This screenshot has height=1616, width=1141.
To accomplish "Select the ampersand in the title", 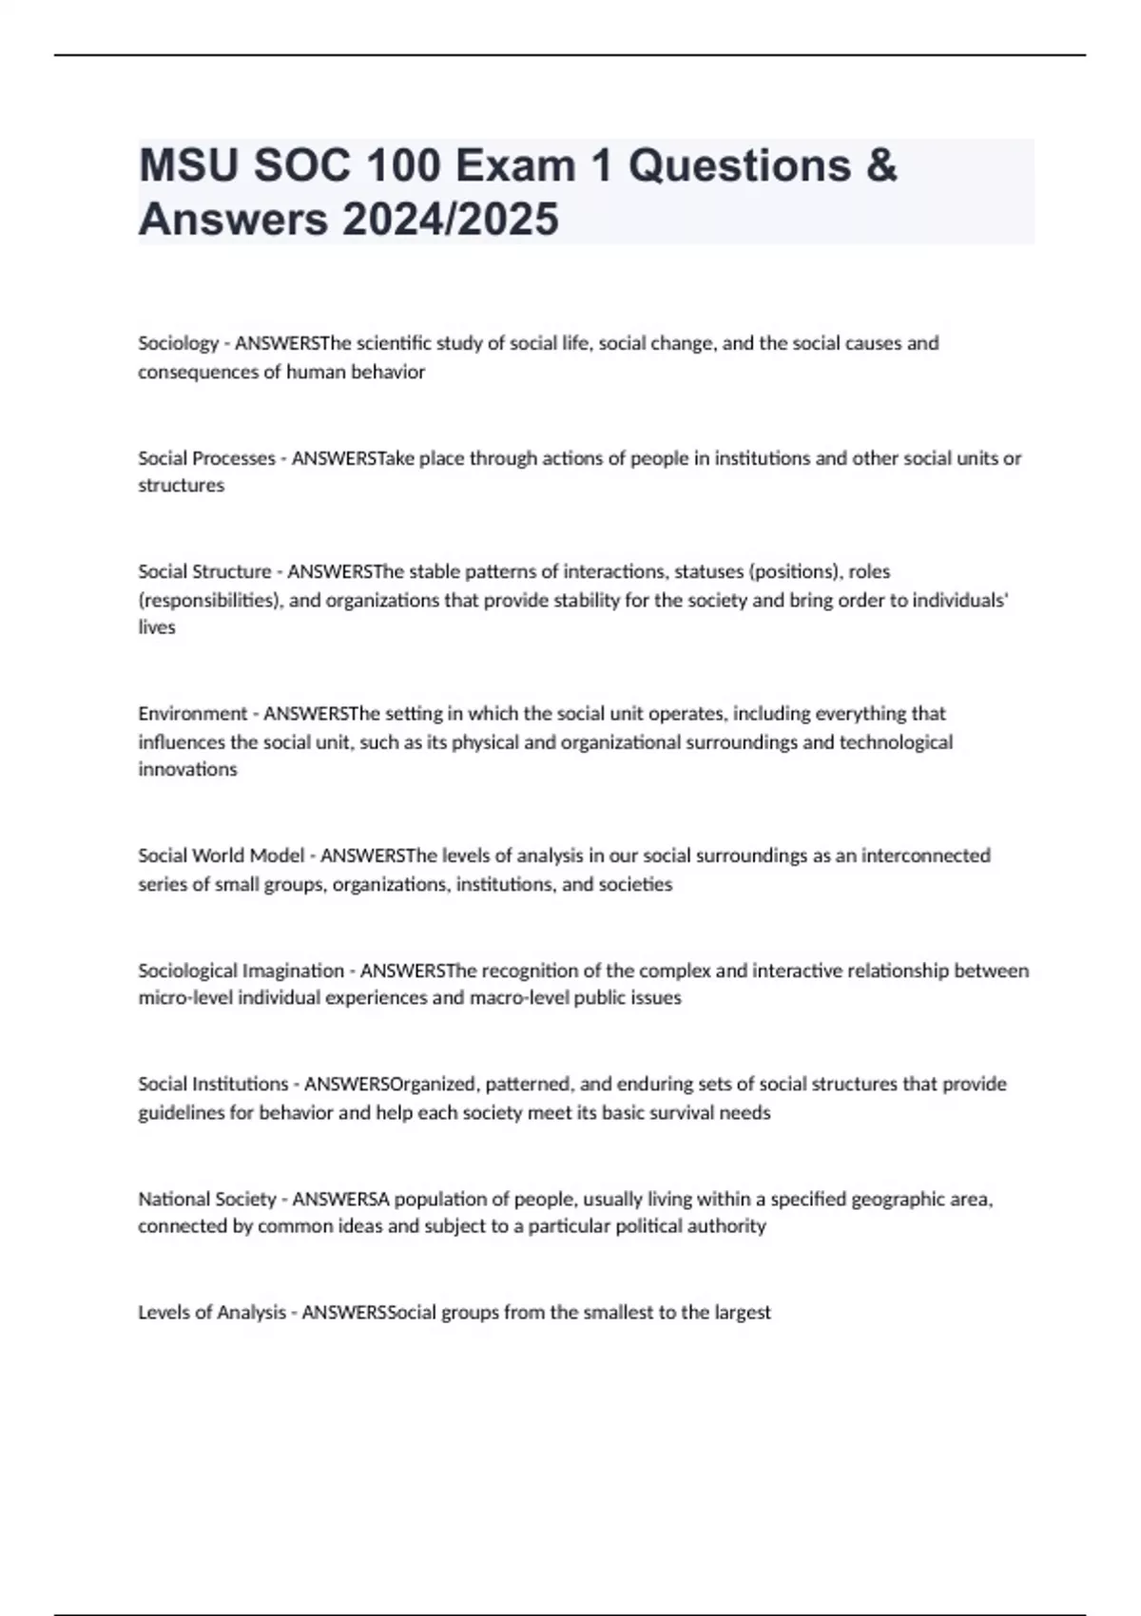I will tap(881, 166).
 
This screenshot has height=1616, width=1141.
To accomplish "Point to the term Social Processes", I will tap(206, 458).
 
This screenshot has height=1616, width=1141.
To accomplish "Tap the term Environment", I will tap(192, 713).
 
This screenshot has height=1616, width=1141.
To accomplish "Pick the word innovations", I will tap(187, 769).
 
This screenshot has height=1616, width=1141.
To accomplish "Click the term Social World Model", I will tap(222, 856).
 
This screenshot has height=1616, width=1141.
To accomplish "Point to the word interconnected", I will tap(925, 856).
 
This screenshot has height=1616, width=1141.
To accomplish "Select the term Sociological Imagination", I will tap(242, 971).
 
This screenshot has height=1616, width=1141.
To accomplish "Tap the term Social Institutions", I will tap(213, 1084).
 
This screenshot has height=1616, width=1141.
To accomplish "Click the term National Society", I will tap(207, 1199).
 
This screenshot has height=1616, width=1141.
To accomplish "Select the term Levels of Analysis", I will tap(212, 1313).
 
